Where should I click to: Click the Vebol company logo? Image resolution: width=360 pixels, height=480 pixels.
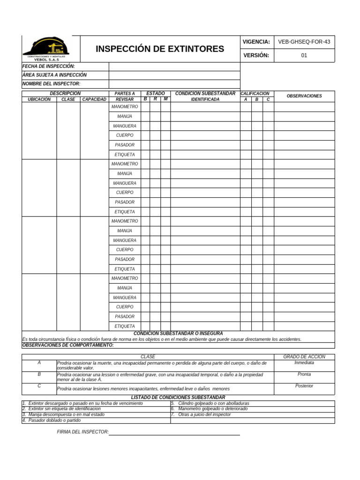[x=46, y=49]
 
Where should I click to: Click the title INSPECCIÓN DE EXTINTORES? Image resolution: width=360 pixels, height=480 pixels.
[x=160, y=49]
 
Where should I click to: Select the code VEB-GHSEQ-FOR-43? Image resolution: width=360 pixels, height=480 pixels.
[x=304, y=42]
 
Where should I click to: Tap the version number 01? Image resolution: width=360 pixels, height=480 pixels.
[x=304, y=55]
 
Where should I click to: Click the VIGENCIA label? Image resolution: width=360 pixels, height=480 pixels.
[x=256, y=42]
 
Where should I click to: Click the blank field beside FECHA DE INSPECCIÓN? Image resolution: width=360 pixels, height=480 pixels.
[x=174, y=67]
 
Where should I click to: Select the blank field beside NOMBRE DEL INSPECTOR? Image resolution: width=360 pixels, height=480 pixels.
[x=174, y=83]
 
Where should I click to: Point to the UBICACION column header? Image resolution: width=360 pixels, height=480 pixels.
[x=39, y=99]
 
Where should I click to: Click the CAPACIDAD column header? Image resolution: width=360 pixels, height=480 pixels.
[x=94, y=99]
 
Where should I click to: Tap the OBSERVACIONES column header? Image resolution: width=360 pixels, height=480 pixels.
[x=304, y=96]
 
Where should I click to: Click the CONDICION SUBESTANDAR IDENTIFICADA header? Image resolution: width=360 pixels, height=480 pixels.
[x=205, y=96]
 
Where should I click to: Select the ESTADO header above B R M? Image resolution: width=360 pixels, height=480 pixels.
[x=156, y=94]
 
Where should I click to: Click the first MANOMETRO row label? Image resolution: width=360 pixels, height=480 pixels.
[x=125, y=107]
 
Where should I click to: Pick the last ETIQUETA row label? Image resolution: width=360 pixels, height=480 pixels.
[x=125, y=326]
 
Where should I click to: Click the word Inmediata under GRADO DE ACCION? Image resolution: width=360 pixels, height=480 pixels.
[x=304, y=363]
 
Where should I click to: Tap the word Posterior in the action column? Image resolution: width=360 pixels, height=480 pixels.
[x=304, y=386]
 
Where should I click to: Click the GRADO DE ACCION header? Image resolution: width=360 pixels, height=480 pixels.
[x=304, y=357]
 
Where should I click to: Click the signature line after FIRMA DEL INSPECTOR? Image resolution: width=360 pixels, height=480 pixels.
[x=174, y=434]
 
